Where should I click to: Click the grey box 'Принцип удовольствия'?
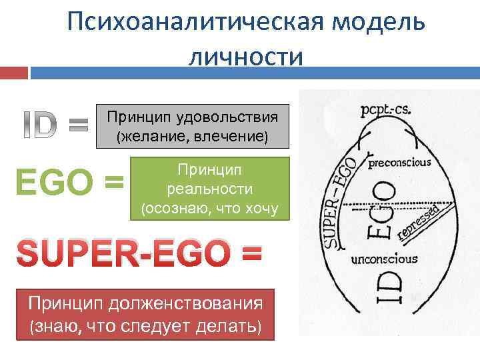pyautogui.click(x=193, y=125)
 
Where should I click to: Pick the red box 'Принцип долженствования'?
pyautogui.click(x=146, y=315)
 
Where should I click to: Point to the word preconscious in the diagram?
pyautogui.click(x=399, y=162)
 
